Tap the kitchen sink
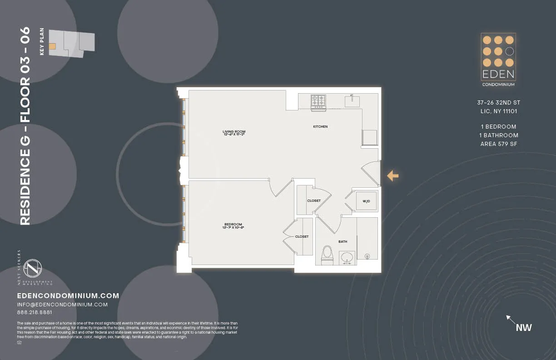pyautogui.click(x=352, y=100)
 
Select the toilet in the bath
pyautogui.click(x=327, y=255)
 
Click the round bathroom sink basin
pyautogui.click(x=347, y=257)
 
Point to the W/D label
pyautogui.click(x=366, y=201)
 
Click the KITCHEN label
pyautogui.click(x=320, y=126)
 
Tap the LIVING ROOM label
pyautogui.click(x=234, y=132)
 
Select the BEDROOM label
pyautogui.click(x=233, y=224)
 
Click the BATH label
pyautogui.click(x=343, y=241)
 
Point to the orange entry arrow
pyautogui.click(x=392, y=175)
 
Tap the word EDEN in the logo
pyautogui.click(x=498, y=74)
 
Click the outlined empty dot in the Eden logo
pyautogui.click(x=510, y=51)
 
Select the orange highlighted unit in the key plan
pyautogui.click(x=52, y=46)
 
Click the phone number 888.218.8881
pyautogui.click(x=35, y=312)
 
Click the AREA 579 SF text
pyautogui.click(x=499, y=144)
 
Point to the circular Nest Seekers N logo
pyautogui.click(x=33, y=268)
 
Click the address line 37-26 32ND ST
pyautogui.click(x=499, y=103)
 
